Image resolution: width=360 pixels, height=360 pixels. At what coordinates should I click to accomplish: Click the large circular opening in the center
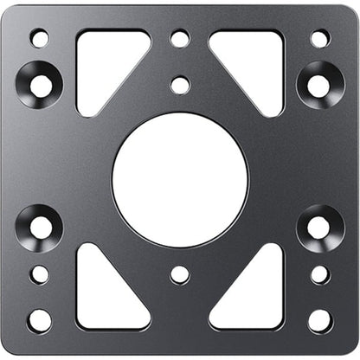click(x=180, y=179)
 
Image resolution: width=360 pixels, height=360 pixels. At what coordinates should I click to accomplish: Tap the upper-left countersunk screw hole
click(x=40, y=84)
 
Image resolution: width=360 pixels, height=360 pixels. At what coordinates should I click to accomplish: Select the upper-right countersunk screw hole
click(x=319, y=84)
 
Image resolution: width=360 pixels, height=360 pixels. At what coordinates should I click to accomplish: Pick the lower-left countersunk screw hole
click(x=40, y=228)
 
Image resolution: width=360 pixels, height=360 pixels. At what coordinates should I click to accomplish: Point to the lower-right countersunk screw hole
click(x=319, y=228)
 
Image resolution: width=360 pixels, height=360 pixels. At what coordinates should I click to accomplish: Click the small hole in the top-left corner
click(x=40, y=38)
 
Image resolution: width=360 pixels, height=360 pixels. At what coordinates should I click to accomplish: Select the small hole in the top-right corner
click(x=319, y=38)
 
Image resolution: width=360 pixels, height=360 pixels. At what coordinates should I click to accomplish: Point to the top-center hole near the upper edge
click(x=180, y=38)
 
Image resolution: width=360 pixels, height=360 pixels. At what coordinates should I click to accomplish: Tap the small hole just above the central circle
click(x=180, y=85)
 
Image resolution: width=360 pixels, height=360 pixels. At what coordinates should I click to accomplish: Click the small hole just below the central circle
click(x=180, y=274)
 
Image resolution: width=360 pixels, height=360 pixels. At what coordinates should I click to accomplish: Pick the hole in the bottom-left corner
click(x=40, y=320)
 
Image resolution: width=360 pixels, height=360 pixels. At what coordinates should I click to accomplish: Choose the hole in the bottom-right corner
click(x=319, y=320)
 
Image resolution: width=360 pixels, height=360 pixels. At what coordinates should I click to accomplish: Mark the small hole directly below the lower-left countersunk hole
click(x=40, y=274)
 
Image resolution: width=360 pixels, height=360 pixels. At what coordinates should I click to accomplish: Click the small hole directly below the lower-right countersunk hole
click(x=319, y=274)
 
